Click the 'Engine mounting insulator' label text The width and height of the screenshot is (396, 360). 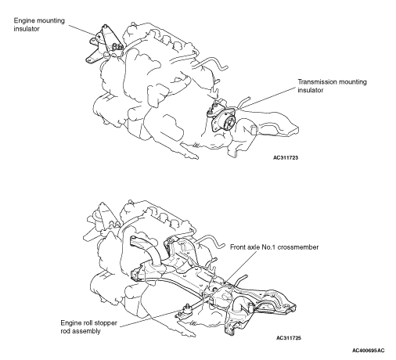(x=39, y=24)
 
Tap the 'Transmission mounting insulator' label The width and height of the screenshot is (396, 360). (x=332, y=86)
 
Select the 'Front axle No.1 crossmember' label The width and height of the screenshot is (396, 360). (x=274, y=247)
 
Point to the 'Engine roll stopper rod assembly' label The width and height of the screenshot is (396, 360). (x=88, y=327)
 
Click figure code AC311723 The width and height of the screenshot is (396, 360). (x=286, y=157)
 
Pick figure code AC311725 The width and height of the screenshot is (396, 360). (x=289, y=338)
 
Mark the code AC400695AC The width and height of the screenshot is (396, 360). (x=369, y=351)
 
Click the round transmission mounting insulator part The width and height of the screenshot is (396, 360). (x=224, y=121)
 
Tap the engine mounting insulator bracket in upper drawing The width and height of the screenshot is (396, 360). (x=104, y=45)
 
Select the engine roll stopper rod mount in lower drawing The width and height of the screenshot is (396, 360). (x=185, y=312)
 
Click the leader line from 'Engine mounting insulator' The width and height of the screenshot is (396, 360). (x=83, y=31)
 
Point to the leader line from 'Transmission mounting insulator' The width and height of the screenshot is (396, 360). (x=268, y=98)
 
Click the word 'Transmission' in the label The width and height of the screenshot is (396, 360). (x=315, y=82)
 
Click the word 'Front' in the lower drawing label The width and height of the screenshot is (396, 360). (x=237, y=247)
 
